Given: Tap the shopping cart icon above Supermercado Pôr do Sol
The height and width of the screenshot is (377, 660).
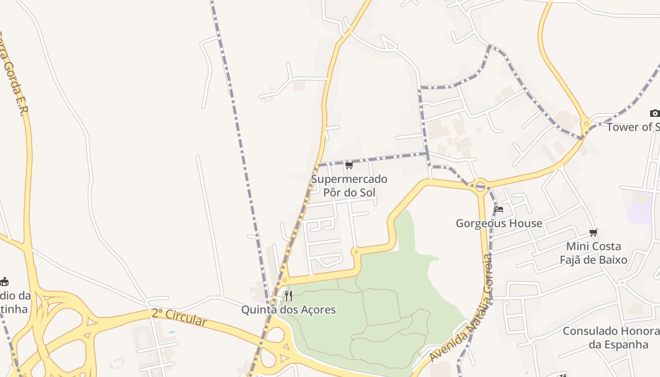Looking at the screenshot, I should (x=349, y=165).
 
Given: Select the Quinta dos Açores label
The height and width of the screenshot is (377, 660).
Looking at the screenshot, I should (x=289, y=310).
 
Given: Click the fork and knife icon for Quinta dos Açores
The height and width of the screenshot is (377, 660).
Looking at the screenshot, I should (x=289, y=296).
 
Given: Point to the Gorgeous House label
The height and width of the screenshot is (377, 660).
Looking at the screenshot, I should (x=499, y=223).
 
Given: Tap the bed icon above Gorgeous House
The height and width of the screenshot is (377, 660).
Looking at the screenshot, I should (x=499, y=209).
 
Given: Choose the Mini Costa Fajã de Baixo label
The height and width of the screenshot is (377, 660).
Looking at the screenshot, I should (x=593, y=253).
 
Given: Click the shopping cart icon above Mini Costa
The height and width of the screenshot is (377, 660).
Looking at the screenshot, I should (x=593, y=232).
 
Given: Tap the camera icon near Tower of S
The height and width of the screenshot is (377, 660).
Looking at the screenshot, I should (x=654, y=113).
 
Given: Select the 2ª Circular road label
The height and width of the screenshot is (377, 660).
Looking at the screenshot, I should (x=179, y=317).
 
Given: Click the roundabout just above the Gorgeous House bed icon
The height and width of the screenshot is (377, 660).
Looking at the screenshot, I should (x=480, y=186).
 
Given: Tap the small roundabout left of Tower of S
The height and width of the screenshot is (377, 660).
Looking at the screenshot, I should (x=586, y=124).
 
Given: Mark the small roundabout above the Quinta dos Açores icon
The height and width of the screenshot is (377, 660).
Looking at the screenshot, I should (x=284, y=280).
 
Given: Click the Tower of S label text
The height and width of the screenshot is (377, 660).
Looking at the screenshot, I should (x=633, y=127).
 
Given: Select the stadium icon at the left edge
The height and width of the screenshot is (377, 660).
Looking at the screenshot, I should (x=4, y=282).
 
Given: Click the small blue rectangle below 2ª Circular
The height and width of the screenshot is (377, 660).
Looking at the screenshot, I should (x=171, y=332).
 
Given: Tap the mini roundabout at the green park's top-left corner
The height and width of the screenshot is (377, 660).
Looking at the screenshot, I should (x=356, y=252).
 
